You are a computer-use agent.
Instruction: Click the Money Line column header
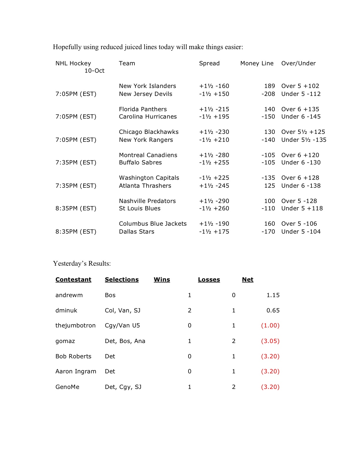[x=257, y=63]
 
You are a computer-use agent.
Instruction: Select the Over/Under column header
[x=298, y=63]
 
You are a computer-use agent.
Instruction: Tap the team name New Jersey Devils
[x=146, y=94]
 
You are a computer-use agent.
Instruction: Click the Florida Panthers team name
[x=143, y=109]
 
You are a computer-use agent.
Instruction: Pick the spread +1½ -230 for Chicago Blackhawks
[x=214, y=132]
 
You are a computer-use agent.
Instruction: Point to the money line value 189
[x=269, y=86]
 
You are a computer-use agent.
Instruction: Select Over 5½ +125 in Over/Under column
[x=303, y=132]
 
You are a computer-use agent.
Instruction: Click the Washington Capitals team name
[x=149, y=178]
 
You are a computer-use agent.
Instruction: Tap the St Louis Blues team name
[x=140, y=208]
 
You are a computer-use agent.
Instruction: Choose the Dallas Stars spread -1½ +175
[x=214, y=232]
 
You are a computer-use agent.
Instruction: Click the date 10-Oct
[x=94, y=71]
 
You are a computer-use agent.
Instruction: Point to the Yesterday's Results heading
[x=82, y=263]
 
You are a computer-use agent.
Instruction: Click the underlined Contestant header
[x=73, y=279]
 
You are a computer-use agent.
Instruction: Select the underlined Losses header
[x=209, y=279]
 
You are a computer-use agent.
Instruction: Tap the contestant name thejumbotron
[x=75, y=325]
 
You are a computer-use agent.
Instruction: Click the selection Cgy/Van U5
[x=122, y=325]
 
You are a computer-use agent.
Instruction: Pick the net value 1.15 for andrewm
[x=273, y=295]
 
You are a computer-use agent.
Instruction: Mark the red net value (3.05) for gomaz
[x=270, y=341]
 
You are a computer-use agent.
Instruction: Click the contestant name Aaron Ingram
[x=76, y=371]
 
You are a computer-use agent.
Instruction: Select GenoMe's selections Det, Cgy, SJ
[x=123, y=387]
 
